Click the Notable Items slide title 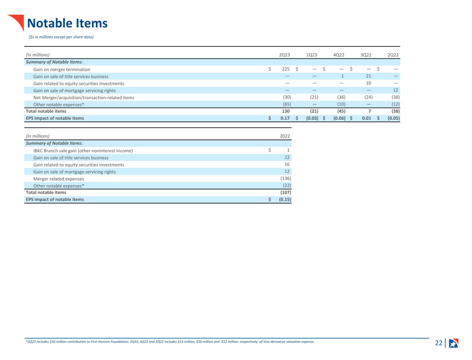coord(67,23)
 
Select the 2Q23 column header coord(284,55)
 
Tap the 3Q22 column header coord(366,55)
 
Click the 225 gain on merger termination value coord(286,69)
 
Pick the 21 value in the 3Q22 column coord(368,76)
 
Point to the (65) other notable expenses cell coord(287,104)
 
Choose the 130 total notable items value coord(286,111)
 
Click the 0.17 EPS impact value coord(285,118)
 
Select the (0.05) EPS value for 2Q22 coord(394,118)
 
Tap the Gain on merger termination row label coord(62,70)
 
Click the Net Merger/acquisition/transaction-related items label coord(84,98)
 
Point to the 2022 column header coord(285,136)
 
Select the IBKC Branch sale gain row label coord(83,151)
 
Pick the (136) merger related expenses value coord(286,178)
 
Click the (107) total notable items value coord(286,192)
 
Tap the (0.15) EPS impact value coord(285,199)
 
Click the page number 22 coord(438,343)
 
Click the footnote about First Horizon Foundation coord(170,342)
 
